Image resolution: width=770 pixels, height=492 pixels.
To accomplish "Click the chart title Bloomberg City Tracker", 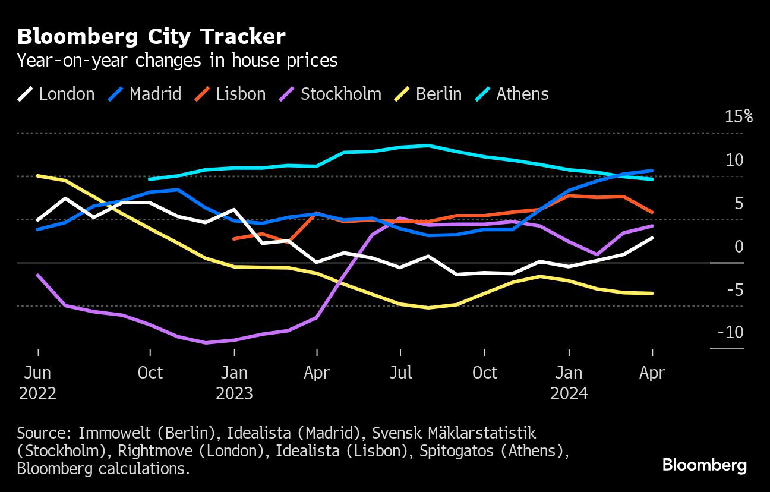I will [x=152, y=37].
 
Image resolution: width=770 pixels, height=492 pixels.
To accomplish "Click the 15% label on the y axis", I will [x=739, y=116].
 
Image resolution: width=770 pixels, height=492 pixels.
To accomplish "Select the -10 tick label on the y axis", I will [x=730, y=332].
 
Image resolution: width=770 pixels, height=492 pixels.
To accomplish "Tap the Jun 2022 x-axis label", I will [x=37, y=383].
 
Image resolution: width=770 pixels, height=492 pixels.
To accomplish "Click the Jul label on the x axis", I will [x=400, y=373].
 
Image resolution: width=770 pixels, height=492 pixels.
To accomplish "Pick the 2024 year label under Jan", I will [x=569, y=393].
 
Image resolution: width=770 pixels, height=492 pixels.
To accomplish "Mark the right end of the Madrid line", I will [x=652, y=171].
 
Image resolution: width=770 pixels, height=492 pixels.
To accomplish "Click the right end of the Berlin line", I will [x=652, y=293].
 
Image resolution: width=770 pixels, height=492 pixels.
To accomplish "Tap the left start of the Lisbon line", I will [x=234, y=239].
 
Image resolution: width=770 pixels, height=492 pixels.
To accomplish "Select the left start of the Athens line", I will [x=149, y=179].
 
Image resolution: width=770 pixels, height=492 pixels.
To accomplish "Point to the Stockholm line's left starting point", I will [x=37, y=275].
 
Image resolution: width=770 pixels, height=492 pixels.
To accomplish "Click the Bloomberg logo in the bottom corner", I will [x=704, y=465].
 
